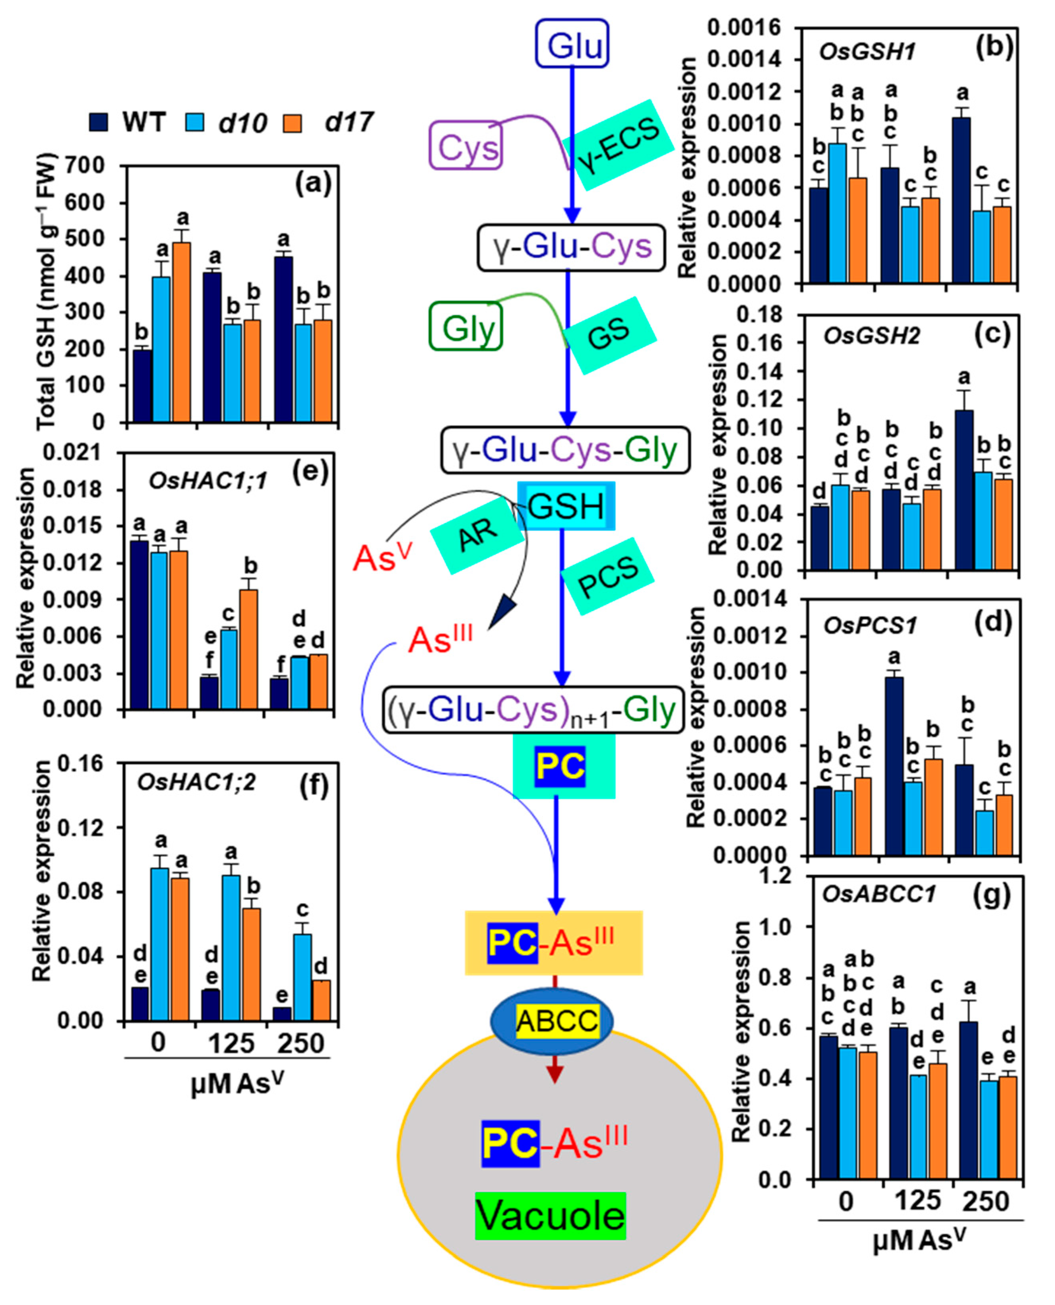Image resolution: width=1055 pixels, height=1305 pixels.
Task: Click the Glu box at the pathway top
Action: click(572, 44)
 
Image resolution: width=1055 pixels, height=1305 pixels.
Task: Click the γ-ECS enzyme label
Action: click(619, 145)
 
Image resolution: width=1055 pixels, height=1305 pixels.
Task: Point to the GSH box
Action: click(566, 506)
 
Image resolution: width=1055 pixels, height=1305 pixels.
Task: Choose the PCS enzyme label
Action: click(607, 576)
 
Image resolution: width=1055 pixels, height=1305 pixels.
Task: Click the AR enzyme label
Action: click(477, 534)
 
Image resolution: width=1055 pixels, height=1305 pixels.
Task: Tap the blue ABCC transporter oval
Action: click(552, 1021)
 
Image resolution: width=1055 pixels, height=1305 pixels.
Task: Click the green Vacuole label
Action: click(551, 1216)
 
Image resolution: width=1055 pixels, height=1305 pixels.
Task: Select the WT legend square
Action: click(99, 122)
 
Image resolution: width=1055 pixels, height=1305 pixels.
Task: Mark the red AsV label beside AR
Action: click(382, 557)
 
